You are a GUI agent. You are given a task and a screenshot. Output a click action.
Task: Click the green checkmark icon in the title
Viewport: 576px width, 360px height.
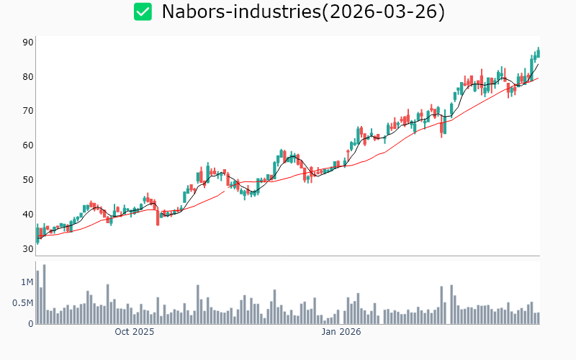point(143,12)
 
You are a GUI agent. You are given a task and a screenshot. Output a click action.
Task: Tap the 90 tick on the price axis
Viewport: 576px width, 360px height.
point(28,42)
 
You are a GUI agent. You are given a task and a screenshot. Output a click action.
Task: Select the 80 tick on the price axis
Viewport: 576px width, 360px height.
point(28,77)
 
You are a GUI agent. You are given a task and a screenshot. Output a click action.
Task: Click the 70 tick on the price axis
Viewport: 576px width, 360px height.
point(28,111)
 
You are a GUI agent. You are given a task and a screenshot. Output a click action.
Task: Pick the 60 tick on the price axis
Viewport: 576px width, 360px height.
point(28,145)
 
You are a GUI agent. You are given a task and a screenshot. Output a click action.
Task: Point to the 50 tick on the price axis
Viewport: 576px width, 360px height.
point(28,180)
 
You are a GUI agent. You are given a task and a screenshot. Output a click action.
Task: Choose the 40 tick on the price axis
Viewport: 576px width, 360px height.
point(28,215)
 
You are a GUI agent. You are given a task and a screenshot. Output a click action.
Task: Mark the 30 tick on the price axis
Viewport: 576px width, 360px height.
point(28,249)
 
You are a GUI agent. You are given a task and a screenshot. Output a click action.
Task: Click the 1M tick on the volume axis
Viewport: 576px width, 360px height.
point(27,282)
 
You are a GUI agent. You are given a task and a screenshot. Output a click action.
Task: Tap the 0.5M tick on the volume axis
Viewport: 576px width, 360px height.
point(22,303)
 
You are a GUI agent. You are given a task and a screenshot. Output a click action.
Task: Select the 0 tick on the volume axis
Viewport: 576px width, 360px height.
point(31,324)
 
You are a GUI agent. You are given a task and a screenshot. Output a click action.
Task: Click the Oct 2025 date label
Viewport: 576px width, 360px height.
point(135,333)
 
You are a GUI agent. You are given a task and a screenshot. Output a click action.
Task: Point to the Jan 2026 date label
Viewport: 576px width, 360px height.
point(341,333)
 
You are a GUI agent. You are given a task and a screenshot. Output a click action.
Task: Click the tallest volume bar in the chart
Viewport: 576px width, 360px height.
point(44,294)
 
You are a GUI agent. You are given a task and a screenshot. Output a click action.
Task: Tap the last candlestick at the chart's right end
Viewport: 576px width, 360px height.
point(538,53)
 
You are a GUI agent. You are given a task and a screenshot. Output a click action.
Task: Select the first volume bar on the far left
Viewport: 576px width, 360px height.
point(37,297)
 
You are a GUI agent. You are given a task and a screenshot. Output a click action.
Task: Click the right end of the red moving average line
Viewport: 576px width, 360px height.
point(538,78)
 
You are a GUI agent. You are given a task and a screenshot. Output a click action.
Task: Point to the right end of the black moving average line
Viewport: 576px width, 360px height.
point(538,65)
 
